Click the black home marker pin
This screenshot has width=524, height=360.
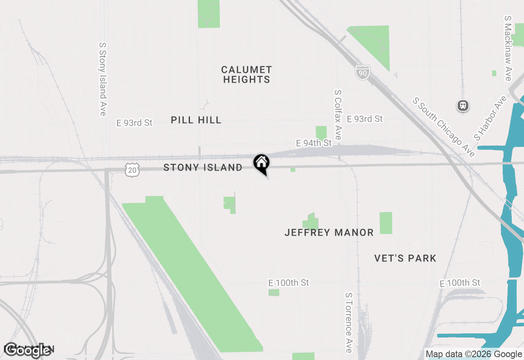point(261,164)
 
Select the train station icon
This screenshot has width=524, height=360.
point(463,106)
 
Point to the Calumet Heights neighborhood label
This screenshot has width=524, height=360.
point(246,74)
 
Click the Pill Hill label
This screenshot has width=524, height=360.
point(196,120)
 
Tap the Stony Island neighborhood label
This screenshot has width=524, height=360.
point(203,167)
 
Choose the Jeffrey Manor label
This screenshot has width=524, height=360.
point(329,232)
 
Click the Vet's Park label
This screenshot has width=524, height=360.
point(405,258)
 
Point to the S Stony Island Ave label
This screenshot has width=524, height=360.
point(103,79)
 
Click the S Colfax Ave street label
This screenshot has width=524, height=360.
point(338,115)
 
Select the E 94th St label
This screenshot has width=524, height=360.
point(314,143)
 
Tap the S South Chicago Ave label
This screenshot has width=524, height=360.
point(444,127)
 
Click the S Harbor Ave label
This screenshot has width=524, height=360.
point(490,118)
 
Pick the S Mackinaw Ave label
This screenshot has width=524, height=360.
point(508,48)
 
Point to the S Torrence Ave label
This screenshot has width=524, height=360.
point(348,322)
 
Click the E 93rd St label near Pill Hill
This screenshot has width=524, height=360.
point(134,123)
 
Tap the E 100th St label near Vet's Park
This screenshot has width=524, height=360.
point(459,283)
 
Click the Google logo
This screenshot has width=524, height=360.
point(28,350)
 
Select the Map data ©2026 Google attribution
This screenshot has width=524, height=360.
point(474,354)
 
